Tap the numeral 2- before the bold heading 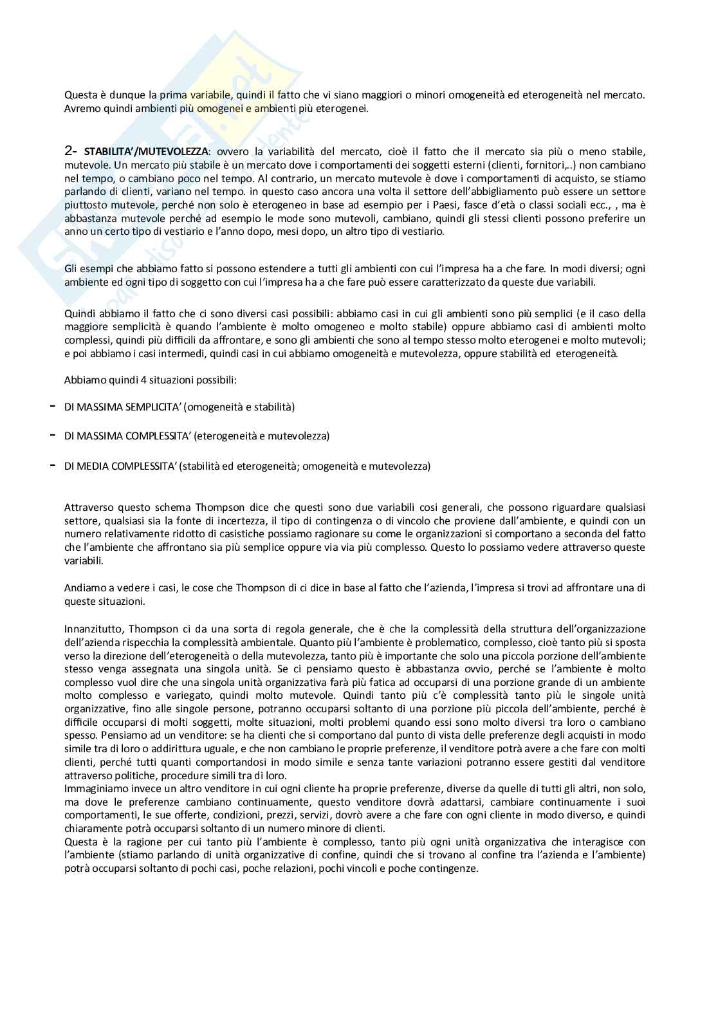click(x=71, y=151)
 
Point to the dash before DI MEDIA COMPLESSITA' click(x=51, y=466)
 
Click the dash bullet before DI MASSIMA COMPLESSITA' click(x=51, y=436)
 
